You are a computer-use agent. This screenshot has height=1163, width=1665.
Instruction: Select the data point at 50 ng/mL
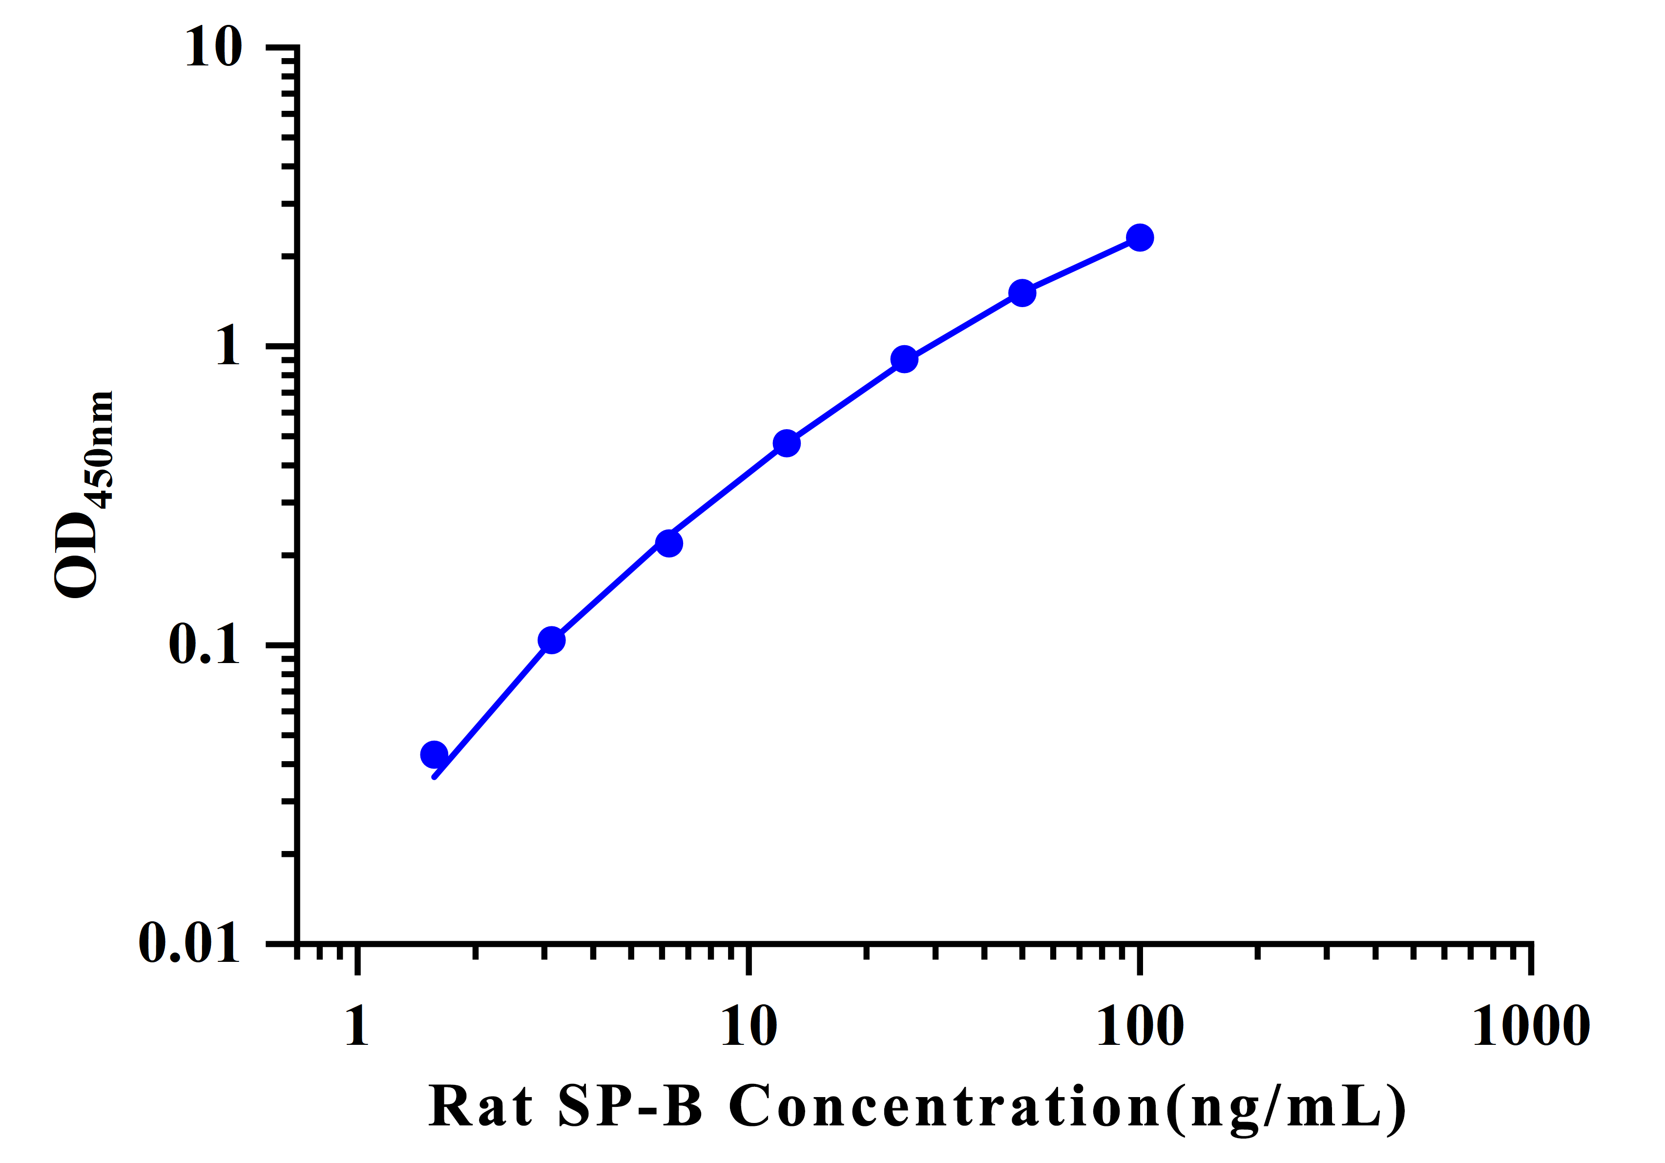1022,293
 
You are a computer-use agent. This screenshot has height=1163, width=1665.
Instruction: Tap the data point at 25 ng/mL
904,358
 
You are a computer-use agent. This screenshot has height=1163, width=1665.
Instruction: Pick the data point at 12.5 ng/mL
787,443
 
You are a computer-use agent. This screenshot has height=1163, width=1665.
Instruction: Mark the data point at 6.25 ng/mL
668,542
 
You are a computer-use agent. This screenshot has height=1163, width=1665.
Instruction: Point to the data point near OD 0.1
551,640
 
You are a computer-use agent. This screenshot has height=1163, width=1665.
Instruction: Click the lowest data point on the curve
434,755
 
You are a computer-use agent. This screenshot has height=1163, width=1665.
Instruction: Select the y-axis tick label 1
228,346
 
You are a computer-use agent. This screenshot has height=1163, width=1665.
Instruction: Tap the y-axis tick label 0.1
204,644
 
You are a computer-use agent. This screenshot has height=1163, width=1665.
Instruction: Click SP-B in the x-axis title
630,1106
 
